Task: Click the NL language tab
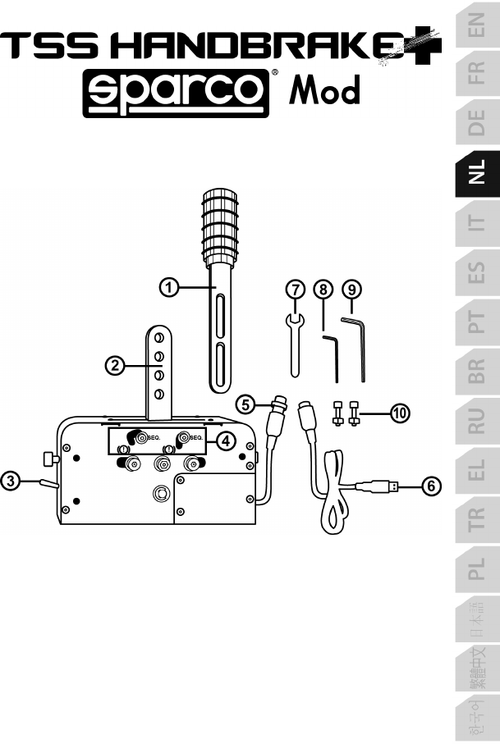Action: tap(478, 173)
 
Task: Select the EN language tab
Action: tap(478, 25)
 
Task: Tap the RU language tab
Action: tap(478, 421)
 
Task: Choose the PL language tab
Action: tap(478, 569)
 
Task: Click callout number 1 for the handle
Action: tap(168, 288)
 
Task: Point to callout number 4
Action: tap(226, 441)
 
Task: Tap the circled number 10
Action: tap(400, 413)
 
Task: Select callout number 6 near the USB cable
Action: tap(431, 486)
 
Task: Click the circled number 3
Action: tap(10, 481)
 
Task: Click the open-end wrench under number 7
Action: tap(295, 345)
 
